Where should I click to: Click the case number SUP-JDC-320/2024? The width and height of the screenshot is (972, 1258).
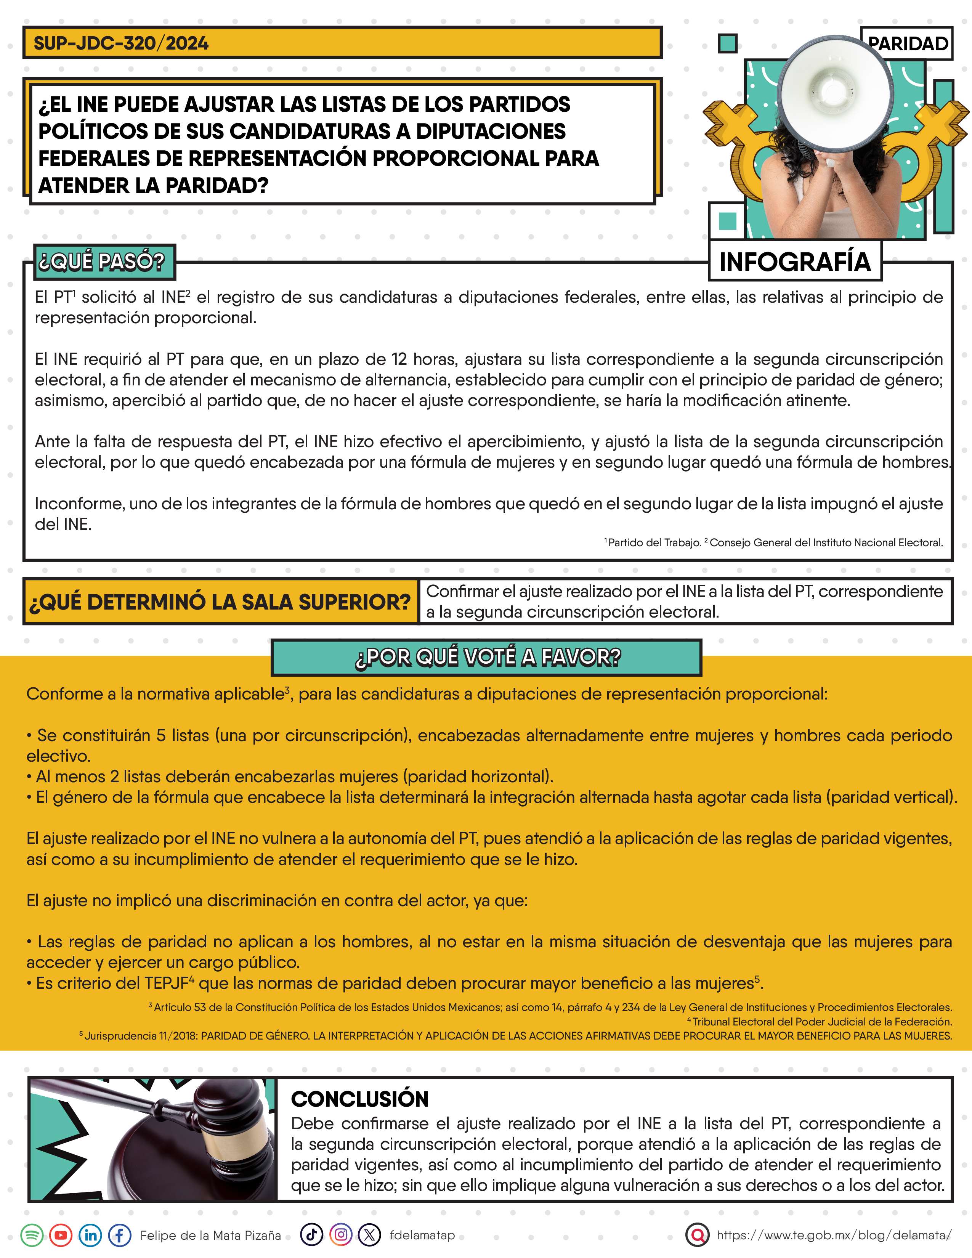(x=121, y=43)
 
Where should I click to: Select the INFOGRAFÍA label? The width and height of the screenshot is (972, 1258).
(x=795, y=262)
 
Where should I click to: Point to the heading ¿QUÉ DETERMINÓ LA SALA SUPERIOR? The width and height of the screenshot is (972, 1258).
(x=220, y=602)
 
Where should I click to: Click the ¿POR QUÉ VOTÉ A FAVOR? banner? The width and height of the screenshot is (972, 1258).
(x=487, y=657)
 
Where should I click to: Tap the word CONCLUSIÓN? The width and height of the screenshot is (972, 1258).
(x=360, y=1099)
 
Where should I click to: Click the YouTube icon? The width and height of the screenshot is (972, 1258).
(x=61, y=1235)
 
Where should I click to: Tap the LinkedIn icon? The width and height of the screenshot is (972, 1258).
(x=90, y=1235)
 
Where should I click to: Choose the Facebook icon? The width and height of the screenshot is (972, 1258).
(x=120, y=1235)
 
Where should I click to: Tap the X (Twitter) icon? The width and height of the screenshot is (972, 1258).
(x=370, y=1235)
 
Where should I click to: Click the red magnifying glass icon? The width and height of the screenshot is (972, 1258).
(x=697, y=1235)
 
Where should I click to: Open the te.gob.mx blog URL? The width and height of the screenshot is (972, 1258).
(x=834, y=1235)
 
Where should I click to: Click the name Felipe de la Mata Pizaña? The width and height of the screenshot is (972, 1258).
(x=211, y=1236)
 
